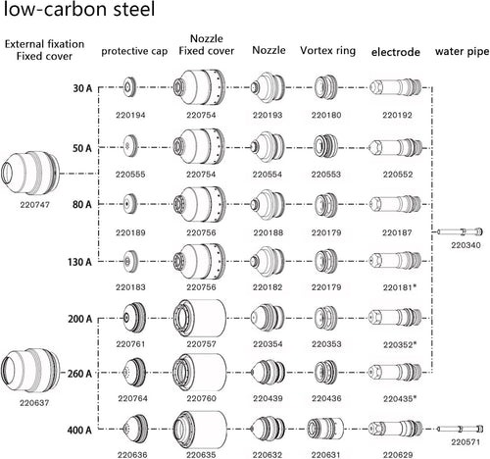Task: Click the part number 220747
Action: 34,205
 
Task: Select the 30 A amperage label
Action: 82,88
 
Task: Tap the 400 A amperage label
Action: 79,430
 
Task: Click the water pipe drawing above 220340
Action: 460,231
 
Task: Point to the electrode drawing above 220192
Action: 395,87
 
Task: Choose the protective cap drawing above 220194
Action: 130,87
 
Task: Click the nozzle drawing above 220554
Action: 268,147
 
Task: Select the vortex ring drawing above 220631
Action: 325,429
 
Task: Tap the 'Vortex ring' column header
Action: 327,51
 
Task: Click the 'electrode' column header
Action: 395,52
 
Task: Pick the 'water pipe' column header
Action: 462,52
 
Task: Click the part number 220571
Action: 465,442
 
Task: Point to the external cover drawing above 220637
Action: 30,371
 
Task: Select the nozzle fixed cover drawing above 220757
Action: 200,318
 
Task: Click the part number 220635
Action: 201,455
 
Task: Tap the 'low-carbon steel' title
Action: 79,9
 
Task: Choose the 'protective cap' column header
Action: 134,51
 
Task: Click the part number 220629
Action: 398,455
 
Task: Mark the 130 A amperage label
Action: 79,262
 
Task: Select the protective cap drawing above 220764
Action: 134,373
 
